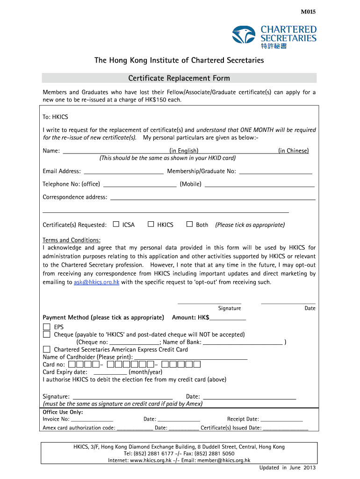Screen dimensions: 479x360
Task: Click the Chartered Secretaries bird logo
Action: click(x=244, y=35)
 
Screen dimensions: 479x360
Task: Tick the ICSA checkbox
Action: click(x=116, y=224)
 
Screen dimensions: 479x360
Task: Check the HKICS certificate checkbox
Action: click(x=151, y=224)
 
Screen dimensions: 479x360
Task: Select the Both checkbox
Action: click(x=189, y=224)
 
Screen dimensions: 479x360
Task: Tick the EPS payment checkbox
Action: click(x=47, y=327)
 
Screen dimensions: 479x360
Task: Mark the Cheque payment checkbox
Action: click(x=47, y=334)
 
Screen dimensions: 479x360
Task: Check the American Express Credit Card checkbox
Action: click(x=47, y=349)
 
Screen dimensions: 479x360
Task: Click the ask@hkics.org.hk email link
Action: click(x=96, y=282)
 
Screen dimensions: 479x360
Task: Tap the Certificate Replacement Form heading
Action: click(x=179, y=78)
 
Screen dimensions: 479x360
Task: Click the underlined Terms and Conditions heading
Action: click(x=72, y=240)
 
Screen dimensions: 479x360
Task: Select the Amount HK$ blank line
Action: click(x=228, y=319)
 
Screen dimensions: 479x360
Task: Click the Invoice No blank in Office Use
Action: click(x=92, y=421)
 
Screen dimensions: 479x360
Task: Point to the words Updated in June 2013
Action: click(x=288, y=468)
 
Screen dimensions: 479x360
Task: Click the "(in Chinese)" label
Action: click(x=293, y=151)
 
